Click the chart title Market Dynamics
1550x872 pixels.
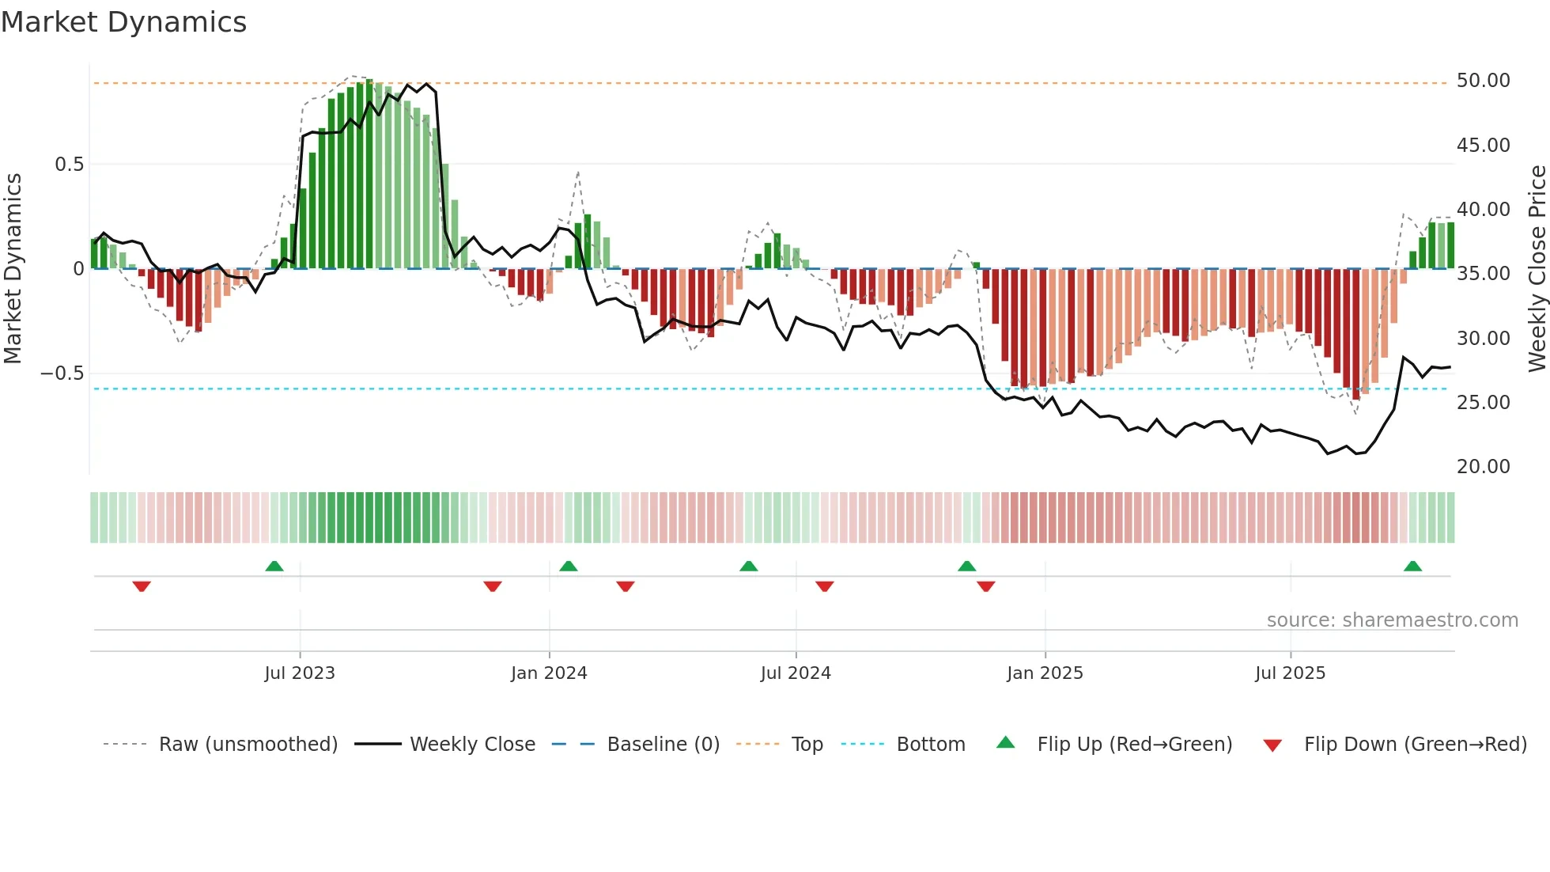pyautogui.click(x=124, y=22)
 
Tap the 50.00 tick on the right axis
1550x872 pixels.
pyautogui.click(x=1483, y=81)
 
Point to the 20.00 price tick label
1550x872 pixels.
pyautogui.click(x=1483, y=467)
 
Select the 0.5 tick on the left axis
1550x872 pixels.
pyautogui.click(x=69, y=165)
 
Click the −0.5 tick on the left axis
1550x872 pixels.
pyautogui.click(x=62, y=373)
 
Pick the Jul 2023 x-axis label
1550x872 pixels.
pyautogui.click(x=300, y=673)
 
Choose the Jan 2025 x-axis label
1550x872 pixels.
pyautogui.click(x=1045, y=673)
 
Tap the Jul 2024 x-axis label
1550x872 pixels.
pyautogui.click(x=796, y=673)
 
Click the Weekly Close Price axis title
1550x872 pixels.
pyautogui.click(x=1537, y=269)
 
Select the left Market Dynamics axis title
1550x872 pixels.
pyautogui.click(x=13, y=269)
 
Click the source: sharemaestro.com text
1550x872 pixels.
pyautogui.click(x=1392, y=620)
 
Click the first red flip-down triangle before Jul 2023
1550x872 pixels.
pyautogui.click(x=142, y=586)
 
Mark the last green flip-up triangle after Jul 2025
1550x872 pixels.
pyautogui.click(x=1412, y=567)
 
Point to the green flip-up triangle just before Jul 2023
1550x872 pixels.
pyautogui.click(x=274, y=567)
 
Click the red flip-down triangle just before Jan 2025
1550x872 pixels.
pyautogui.click(x=985, y=586)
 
